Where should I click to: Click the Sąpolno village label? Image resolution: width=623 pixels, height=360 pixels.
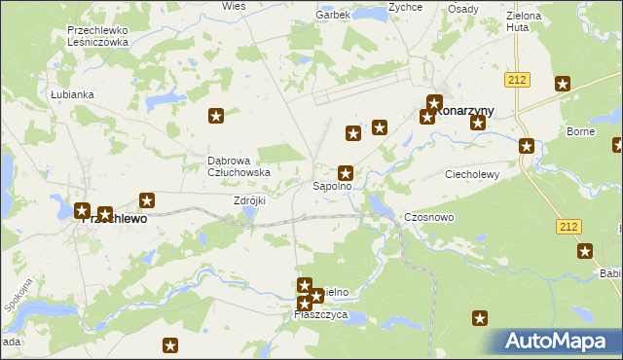point(331,185)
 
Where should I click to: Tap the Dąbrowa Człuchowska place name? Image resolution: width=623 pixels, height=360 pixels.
point(238,166)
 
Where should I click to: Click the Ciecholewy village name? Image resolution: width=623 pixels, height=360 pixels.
point(472,175)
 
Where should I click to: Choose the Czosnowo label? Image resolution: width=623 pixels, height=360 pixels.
point(429,218)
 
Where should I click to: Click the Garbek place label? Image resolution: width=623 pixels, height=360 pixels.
point(333,16)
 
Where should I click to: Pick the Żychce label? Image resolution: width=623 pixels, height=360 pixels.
point(405,7)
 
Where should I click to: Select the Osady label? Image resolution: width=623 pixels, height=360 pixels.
point(463,9)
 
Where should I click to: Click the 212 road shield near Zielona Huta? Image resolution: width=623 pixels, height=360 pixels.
point(517,79)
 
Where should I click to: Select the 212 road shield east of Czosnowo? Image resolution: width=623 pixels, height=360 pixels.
point(570,226)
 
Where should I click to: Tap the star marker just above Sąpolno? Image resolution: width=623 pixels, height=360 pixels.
point(345,172)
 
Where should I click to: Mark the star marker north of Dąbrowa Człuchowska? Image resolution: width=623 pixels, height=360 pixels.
point(216,117)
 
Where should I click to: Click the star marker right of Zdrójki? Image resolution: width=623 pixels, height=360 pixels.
point(148,201)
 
